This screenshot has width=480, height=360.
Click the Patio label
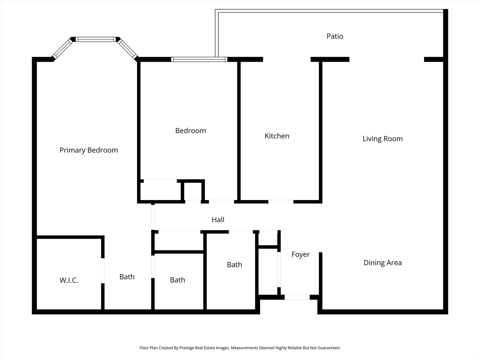tap(335, 36)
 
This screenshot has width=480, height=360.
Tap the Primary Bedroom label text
tap(89, 150)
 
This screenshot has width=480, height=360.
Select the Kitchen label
tap(277, 136)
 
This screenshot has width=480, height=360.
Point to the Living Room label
tap(382, 139)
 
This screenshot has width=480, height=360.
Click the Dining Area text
tap(382, 263)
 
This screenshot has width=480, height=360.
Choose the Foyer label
tap(300, 254)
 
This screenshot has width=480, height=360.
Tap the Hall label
tap(218, 220)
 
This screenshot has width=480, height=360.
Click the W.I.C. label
tap(69, 280)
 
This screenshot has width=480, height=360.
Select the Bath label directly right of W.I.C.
tap(127, 277)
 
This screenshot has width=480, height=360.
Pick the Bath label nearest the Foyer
tap(234, 265)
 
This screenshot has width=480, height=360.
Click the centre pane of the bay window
tap(96, 39)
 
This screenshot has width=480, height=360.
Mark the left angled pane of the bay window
tap(63, 49)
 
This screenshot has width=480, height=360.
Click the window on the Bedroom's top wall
tap(199, 60)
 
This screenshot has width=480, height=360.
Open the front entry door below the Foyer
tap(297, 297)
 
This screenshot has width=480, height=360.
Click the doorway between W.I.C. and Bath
tap(103, 270)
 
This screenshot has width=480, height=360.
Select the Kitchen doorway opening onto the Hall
tap(281, 202)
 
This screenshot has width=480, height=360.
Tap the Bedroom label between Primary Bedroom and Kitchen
tap(190, 131)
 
